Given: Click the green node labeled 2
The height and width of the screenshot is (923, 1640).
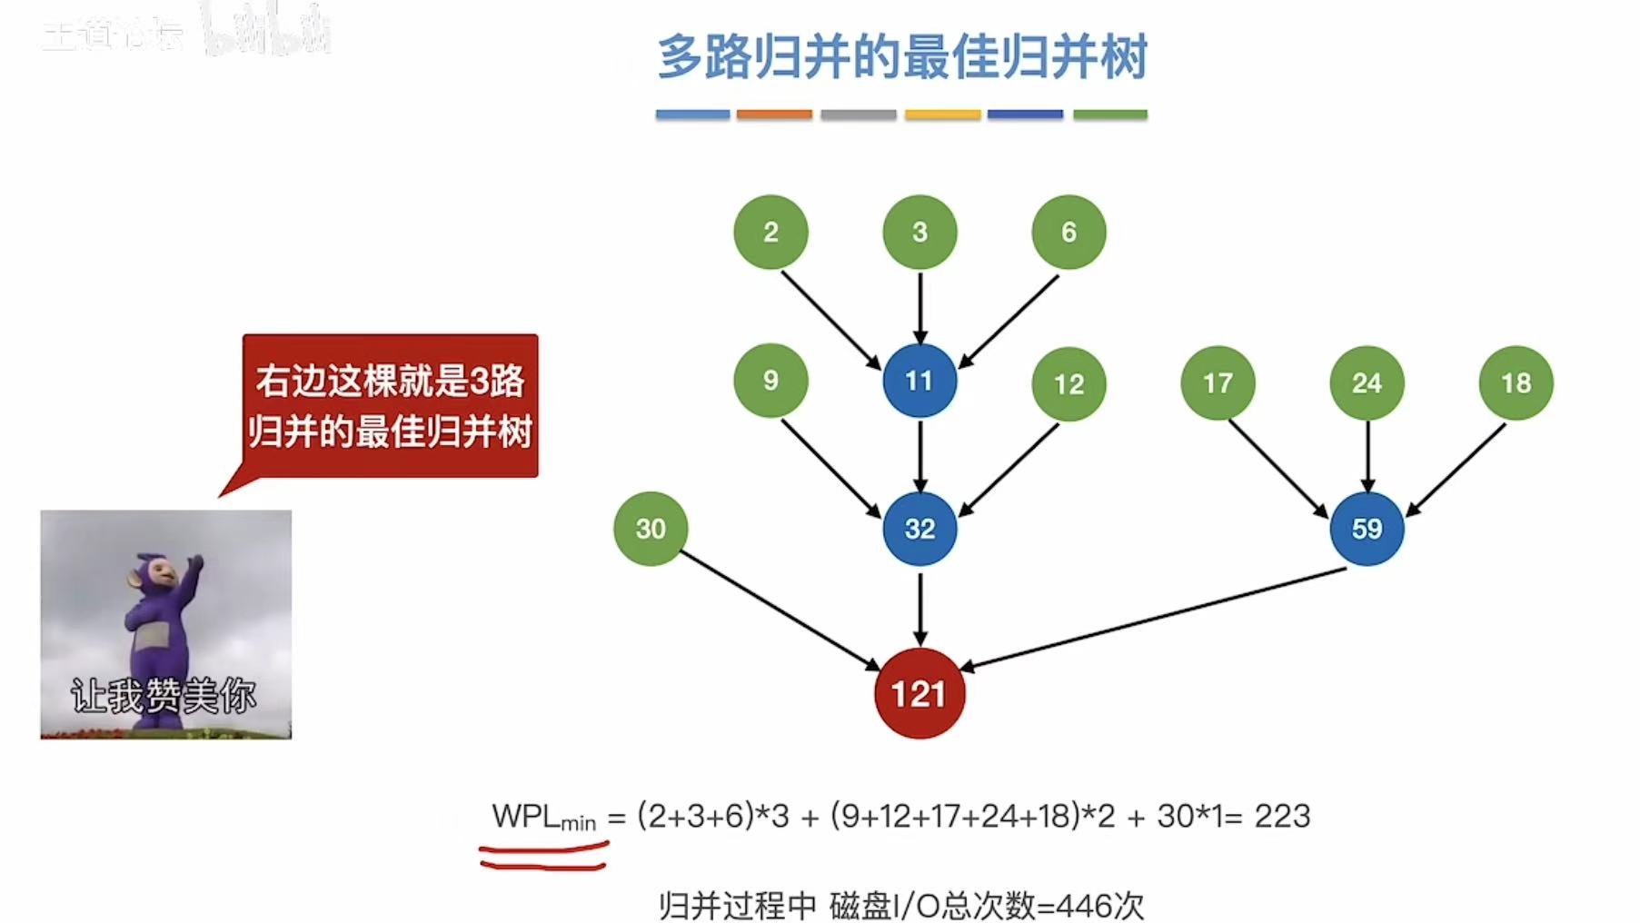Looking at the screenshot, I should click(770, 232).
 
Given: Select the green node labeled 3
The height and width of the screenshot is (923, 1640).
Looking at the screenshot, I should click(919, 232).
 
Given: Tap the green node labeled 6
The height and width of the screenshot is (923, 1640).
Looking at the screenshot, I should click(1068, 232).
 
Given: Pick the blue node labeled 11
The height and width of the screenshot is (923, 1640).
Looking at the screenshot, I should click(919, 381).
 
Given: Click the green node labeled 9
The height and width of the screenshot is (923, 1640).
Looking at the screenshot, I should click(770, 381).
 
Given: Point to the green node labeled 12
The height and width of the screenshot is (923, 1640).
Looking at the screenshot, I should click(1068, 383).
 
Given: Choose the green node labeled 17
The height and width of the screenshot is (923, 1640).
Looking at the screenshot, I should click(1218, 383).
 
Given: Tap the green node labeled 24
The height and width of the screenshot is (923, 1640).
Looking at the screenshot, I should click(1367, 383).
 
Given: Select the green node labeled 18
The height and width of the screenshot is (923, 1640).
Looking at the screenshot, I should click(1516, 383).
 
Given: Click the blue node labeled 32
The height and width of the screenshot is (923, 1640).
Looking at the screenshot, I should click(919, 529).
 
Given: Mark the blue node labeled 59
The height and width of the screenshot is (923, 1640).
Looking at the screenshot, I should click(1367, 529).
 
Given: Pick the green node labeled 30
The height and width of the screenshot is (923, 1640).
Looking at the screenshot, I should click(651, 529).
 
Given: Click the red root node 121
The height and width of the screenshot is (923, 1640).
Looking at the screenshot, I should click(919, 694).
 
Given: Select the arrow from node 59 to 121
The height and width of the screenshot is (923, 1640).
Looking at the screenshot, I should click(1154, 620).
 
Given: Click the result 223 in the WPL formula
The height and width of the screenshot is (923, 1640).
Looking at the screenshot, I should click(1282, 816).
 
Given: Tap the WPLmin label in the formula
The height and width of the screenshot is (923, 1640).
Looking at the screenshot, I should click(543, 818).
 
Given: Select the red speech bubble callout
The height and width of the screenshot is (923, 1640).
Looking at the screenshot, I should click(391, 406).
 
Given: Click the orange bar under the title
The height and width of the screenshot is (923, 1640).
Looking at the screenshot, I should click(774, 114).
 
